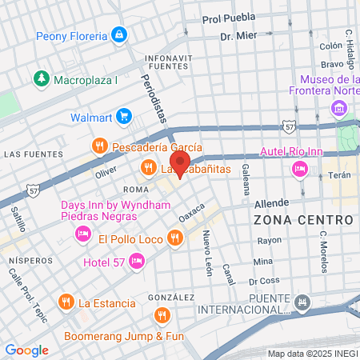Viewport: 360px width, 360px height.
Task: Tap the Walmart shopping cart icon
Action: (x=122, y=117)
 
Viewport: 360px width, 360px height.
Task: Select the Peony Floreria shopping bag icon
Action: (x=119, y=35)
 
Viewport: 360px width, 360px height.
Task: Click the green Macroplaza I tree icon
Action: (x=41, y=79)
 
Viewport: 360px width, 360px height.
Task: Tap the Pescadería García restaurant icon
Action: (x=99, y=146)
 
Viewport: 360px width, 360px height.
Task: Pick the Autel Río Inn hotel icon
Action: (x=301, y=168)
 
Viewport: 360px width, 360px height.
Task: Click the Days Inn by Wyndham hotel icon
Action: (x=82, y=233)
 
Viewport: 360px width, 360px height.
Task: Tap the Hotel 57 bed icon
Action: (x=137, y=261)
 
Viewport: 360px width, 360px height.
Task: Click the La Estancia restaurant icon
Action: (x=66, y=302)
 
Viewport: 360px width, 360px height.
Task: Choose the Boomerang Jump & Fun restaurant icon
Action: (x=162, y=314)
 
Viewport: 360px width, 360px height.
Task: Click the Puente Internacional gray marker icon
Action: (x=302, y=302)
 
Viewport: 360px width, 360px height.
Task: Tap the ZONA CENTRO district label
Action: (x=303, y=219)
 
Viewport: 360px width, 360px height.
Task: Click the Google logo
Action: (x=26, y=350)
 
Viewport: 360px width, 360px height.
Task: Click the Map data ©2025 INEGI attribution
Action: (x=312, y=353)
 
